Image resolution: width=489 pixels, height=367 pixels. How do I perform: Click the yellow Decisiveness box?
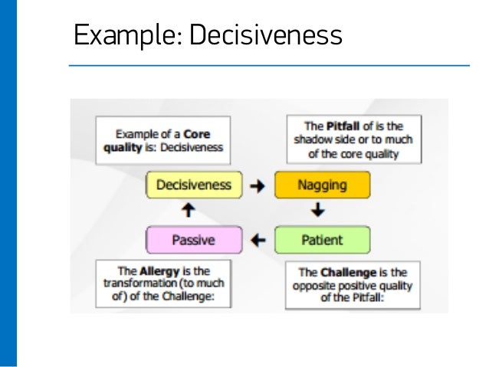[x=193, y=185]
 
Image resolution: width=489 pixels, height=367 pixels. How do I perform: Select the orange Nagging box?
[x=322, y=185]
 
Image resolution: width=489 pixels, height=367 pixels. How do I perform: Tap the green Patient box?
[x=322, y=240]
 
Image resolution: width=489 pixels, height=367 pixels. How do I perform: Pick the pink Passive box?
[x=193, y=240]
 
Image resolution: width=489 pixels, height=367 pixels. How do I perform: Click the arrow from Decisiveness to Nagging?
[x=258, y=185]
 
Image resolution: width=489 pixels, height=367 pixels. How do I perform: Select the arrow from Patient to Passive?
[x=258, y=240]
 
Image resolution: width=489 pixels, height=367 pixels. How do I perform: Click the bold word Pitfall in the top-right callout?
[x=343, y=126]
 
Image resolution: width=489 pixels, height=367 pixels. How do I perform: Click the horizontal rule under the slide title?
[x=268, y=65]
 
